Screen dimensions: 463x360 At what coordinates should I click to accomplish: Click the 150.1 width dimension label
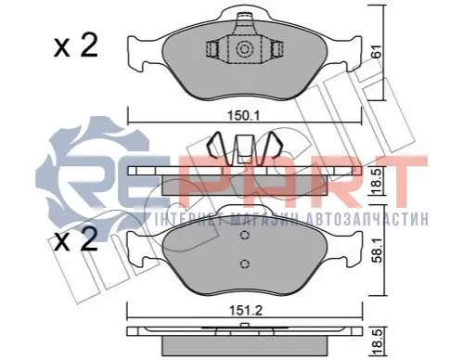pyautogui.click(x=243, y=116)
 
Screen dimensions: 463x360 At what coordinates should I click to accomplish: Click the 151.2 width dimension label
pyautogui.click(x=246, y=310)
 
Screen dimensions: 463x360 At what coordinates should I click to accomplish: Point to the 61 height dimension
pyautogui.click(x=376, y=51)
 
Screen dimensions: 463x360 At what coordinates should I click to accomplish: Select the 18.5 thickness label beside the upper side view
pyautogui.click(x=377, y=182)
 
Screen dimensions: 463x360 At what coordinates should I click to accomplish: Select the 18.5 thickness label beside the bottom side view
pyautogui.click(x=378, y=342)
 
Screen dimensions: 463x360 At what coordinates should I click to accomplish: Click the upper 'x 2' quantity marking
pyautogui.click(x=76, y=45)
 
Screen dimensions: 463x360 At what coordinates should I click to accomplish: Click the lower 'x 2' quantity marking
pyautogui.click(x=76, y=239)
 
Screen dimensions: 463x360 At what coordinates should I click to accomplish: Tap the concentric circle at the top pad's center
pyautogui.click(x=244, y=49)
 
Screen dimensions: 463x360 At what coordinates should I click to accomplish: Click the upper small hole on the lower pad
pyautogui.click(x=245, y=236)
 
